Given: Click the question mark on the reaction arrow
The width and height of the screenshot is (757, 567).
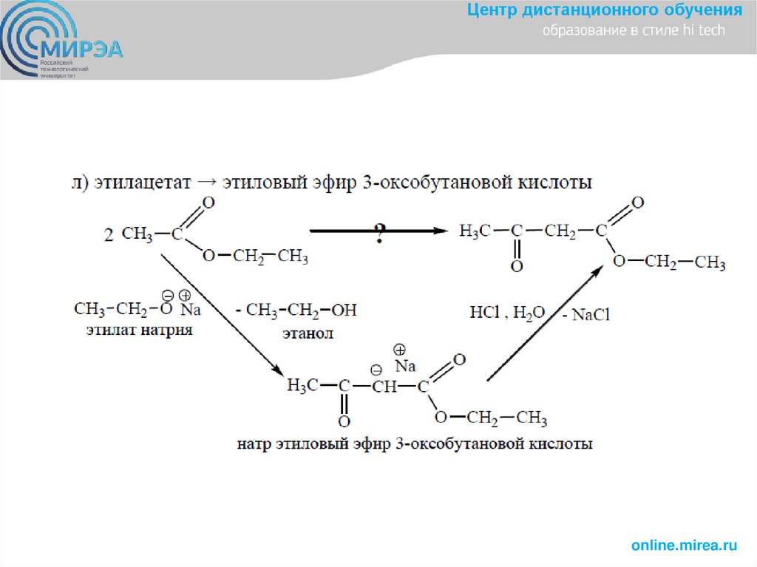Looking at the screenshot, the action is click(x=378, y=235).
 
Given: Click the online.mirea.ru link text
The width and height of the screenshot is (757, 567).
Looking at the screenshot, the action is click(x=684, y=545).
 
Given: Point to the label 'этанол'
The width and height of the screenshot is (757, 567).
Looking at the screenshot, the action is click(x=308, y=333).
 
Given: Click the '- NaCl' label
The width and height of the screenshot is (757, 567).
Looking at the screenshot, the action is click(x=587, y=315).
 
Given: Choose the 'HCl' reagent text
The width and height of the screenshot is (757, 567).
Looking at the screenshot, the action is click(x=484, y=313).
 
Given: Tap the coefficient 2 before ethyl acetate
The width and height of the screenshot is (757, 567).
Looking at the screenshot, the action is click(x=109, y=236).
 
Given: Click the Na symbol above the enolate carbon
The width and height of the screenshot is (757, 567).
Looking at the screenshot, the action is click(x=404, y=365).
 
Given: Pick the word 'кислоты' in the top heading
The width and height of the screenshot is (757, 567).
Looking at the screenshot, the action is click(x=554, y=182).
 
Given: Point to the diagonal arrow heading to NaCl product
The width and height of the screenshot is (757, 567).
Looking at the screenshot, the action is click(x=543, y=325).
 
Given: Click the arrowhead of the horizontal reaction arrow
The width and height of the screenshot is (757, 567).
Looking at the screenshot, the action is click(x=441, y=231).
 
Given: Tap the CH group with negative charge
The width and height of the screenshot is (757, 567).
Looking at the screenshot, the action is click(x=384, y=386).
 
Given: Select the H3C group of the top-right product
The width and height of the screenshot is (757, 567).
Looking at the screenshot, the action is click(x=475, y=231).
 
